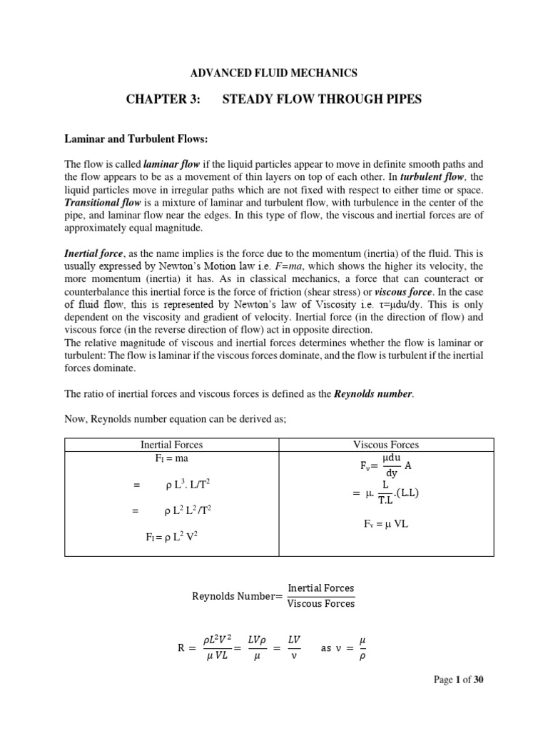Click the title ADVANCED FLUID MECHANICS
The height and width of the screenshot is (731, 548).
(273, 73)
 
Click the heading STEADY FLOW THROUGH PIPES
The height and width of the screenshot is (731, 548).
(322, 99)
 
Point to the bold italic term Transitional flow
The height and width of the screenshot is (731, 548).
(96, 203)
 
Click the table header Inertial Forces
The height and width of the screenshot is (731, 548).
(171, 444)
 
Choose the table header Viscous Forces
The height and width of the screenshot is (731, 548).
(386, 444)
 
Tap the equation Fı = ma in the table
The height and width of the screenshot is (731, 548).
(171, 458)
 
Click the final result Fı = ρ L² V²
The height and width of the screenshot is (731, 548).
(171, 538)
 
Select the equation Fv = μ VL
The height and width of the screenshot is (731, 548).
(385, 524)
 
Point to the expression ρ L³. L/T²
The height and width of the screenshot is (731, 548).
(186, 485)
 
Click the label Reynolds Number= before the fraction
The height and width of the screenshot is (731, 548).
(238, 596)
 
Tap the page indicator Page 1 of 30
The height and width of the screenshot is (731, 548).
(459, 680)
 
